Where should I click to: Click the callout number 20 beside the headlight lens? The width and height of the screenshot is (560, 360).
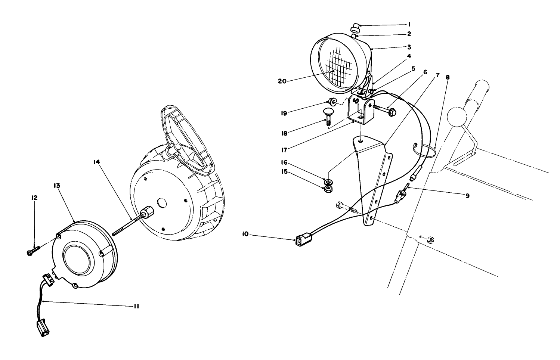coord(282,81)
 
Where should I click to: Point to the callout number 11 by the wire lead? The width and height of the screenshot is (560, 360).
coord(136,306)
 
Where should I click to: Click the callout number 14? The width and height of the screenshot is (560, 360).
coord(97,162)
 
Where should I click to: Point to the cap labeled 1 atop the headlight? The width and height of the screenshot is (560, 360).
coord(355,27)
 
